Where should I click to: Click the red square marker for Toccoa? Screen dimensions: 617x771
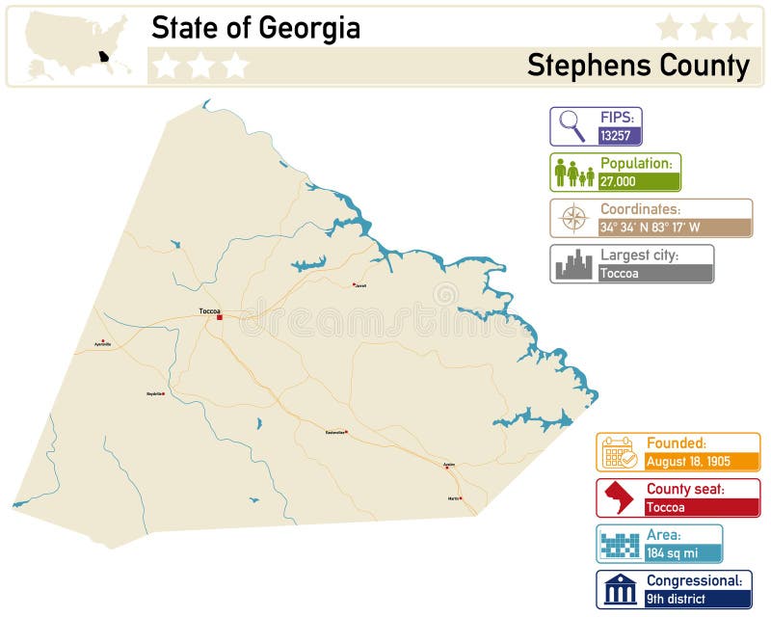point(220,317)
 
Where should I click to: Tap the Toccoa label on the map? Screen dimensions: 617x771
point(209,310)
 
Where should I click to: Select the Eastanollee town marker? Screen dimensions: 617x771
point(347,432)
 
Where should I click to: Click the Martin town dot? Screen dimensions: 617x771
point(461,498)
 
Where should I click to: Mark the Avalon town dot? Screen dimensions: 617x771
point(447,468)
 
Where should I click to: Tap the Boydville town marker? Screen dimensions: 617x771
point(164,393)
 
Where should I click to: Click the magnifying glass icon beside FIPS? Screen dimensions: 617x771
point(572,126)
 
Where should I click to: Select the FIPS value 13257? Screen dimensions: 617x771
point(618,136)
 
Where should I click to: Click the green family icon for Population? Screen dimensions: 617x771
point(573,173)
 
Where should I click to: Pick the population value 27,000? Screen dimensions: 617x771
point(618,181)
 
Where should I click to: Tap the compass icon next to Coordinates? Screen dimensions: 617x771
point(573,219)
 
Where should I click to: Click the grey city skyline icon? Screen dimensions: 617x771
point(573,264)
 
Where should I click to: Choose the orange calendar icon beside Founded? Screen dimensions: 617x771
point(618,452)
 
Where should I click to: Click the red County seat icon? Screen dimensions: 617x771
point(618,497)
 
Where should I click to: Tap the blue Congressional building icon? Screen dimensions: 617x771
point(618,589)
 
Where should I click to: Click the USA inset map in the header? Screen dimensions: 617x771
point(77,45)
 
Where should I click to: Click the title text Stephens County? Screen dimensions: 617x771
point(638,66)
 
